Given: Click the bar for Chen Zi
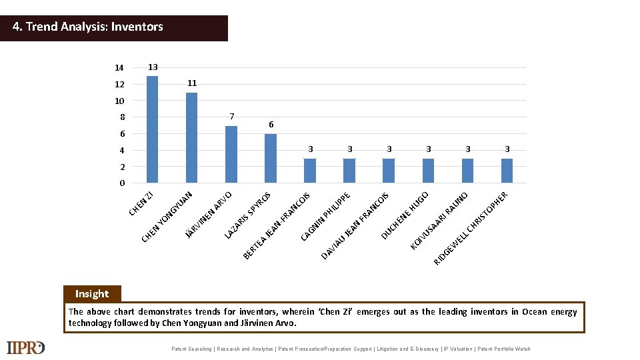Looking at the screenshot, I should click(152, 129).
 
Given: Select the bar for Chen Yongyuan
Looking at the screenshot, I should click(191, 137).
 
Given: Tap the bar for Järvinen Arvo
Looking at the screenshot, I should click(231, 154).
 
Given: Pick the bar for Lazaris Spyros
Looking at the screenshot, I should click(270, 158).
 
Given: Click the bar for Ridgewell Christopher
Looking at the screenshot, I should click(507, 171).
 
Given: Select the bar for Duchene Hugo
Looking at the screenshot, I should click(389, 171).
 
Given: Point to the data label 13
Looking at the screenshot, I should click(153, 67).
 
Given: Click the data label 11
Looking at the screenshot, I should click(192, 83).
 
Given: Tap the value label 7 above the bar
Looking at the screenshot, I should click(231, 117).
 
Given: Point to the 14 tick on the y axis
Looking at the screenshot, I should click(119, 68).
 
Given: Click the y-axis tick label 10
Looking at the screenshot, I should click(119, 101).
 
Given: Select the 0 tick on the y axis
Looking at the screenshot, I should click(122, 183).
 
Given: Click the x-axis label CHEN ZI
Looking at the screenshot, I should click(142, 203).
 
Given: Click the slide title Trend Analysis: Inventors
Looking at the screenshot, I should click(89, 27).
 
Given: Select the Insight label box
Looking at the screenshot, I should click(92, 294).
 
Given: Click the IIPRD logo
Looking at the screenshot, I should click(25, 348).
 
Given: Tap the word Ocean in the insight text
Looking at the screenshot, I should click(534, 312).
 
